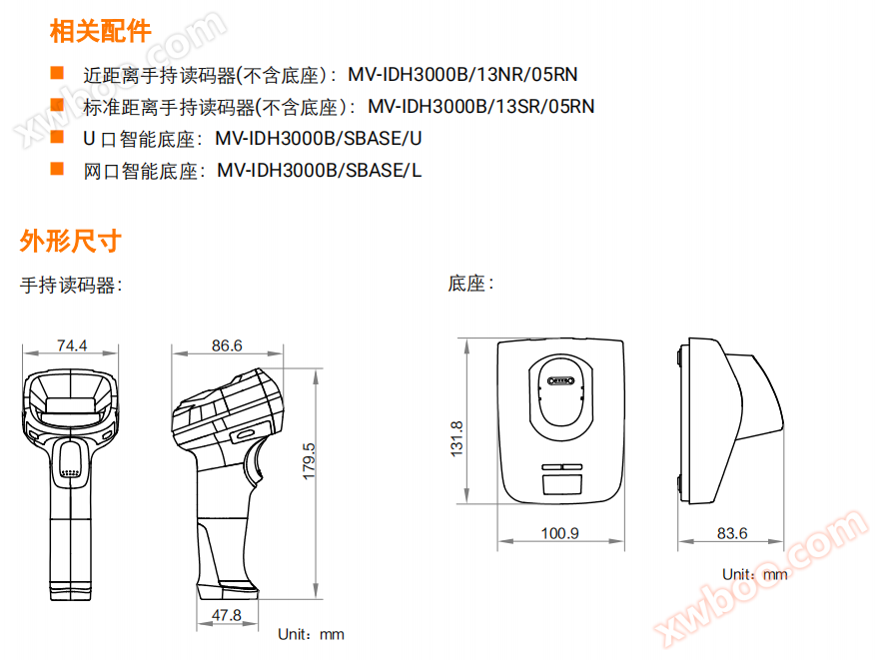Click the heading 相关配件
click(101, 31)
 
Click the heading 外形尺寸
click(71, 242)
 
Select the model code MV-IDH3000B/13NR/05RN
click(462, 74)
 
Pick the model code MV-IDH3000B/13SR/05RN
click(481, 106)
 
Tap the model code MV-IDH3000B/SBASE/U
click(319, 138)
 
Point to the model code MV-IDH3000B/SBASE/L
click(320, 170)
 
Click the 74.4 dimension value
click(72, 345)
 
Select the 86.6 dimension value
click(227, 345)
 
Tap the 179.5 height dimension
click(310, 461)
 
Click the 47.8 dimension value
click(226, 615)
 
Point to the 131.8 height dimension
click(456, 438)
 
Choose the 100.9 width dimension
click(559, 532)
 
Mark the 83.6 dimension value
click(732, 532)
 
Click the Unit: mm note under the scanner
click(311, 634)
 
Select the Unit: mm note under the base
click(755, 574)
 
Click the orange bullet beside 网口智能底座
click(57, 169)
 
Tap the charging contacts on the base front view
click(560, 381)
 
